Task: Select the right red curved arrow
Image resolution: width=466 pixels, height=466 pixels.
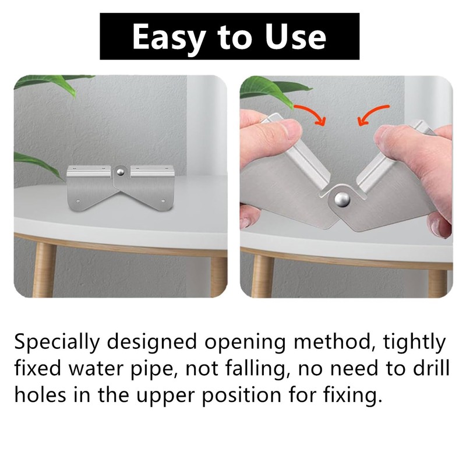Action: point(373,114)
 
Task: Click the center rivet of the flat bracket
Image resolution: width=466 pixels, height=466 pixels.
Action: point(121,172)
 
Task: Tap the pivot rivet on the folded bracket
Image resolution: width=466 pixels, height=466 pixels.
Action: point(343,200)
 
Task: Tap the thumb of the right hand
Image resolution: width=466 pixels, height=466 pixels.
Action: point(402,140)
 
